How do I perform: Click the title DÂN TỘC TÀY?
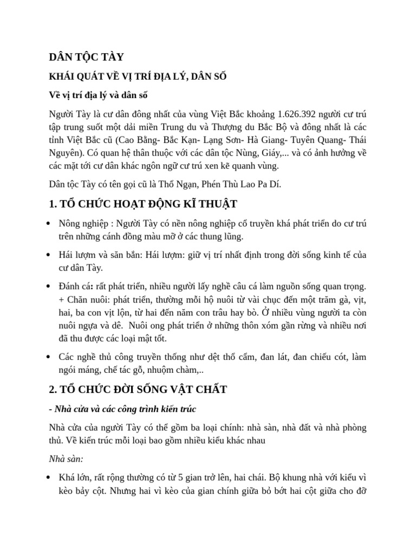[86, 57]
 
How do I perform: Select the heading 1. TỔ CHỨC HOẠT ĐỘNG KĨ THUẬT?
[135, 204]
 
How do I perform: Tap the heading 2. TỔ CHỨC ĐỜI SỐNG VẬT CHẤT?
[138, 389]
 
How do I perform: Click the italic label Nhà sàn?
[66, 459]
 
